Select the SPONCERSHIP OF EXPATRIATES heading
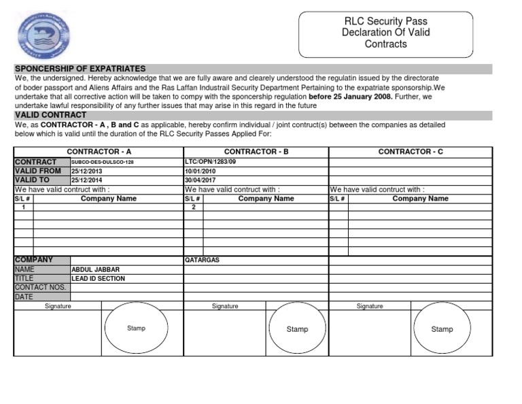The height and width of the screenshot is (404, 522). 80,69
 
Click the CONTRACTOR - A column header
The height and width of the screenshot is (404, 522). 99,152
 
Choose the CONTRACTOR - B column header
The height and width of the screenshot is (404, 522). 256,152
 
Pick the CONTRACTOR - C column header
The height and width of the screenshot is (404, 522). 411,152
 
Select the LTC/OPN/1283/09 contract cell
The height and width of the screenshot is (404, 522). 210,162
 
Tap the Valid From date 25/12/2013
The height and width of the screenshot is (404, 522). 86,171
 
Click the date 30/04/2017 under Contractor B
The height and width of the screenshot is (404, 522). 199,180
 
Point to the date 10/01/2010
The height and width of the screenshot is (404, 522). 199,171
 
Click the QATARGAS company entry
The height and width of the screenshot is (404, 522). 202,260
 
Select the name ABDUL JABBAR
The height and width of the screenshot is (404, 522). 94,269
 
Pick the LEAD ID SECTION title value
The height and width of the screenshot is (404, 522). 98,278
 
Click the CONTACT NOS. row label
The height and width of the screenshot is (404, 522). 40,287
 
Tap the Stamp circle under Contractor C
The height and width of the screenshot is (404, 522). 442,329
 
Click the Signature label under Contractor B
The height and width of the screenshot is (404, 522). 225,306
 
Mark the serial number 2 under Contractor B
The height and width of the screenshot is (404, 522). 193,207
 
